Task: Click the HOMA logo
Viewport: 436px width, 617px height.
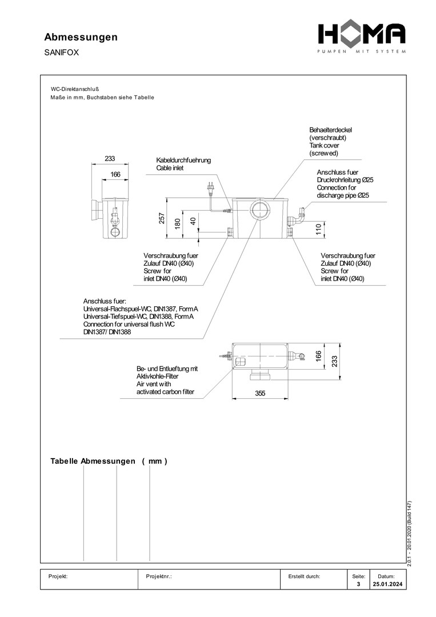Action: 362,37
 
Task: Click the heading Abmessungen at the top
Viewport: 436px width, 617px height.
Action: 81,37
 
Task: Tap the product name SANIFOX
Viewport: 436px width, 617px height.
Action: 61,53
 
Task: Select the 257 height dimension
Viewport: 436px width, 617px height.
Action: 162,218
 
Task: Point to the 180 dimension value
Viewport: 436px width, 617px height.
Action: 178,223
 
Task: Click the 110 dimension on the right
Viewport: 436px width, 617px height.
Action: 319,229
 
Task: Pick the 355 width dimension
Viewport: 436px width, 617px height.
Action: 260,393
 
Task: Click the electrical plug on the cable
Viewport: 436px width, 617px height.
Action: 211,187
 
